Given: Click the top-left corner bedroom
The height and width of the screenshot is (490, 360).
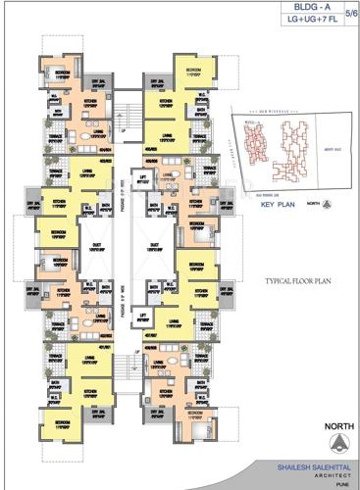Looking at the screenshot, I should click(x=61, y=74).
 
